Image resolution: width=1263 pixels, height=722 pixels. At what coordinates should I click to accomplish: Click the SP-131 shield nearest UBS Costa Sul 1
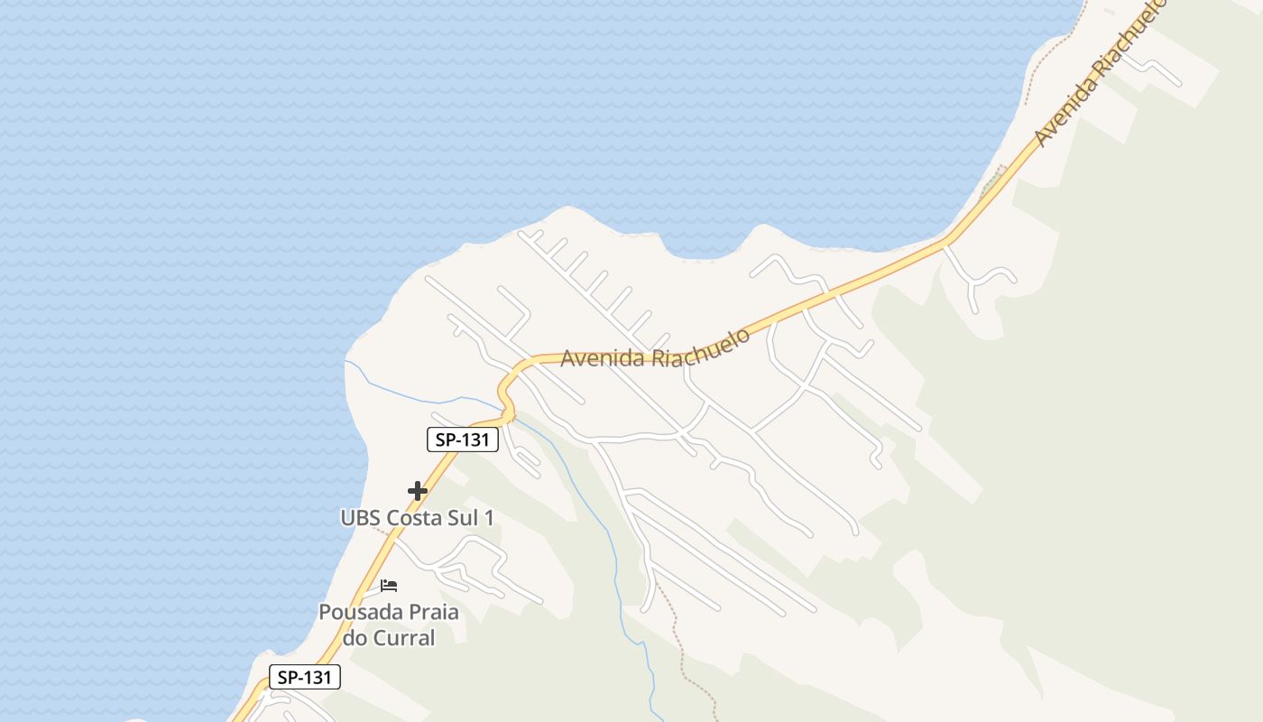pyautogui.click(x=462, y=440)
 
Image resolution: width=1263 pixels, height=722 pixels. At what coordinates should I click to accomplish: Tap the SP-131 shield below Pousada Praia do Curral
pyautogui.click(x=304, y=677)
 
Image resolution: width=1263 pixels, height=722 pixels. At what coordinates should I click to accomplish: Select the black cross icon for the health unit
pyautogui.click(x=417, y=491)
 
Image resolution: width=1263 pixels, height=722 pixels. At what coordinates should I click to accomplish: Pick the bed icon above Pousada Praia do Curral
pyautogui.click(x=389, y=586)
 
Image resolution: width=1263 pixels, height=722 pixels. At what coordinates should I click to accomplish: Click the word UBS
pyautogui.click(x=361, y=519)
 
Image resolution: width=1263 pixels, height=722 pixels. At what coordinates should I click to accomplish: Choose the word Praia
pyautogui.click(x=430, y=613)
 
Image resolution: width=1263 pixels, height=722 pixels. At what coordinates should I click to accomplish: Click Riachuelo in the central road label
pyautogui.click(x=704, y=347)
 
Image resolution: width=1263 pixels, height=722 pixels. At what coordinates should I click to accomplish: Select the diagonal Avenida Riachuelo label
pyautogui.click(x=1101, y=74)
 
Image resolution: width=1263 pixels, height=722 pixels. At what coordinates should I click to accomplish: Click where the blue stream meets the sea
pyautogui.click(x=346, y=362)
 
